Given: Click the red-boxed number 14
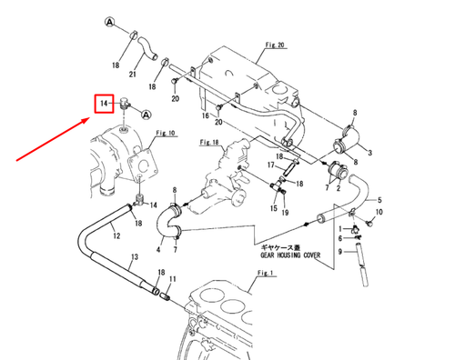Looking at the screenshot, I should click(x=106, y=105).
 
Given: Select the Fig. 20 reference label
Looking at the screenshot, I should click(x=276, y=44).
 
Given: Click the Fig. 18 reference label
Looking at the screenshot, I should click(x=212, y=143).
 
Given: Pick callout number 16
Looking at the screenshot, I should click(x=206, y=118).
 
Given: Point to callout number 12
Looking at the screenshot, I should click(x=116, y=236).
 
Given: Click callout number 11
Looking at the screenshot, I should click(x=173, y=279).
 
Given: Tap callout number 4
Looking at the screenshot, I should click(x=159, y=249).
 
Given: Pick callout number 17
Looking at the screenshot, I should click(x=271, y=165).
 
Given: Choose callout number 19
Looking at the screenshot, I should click(x=284, y=213).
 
